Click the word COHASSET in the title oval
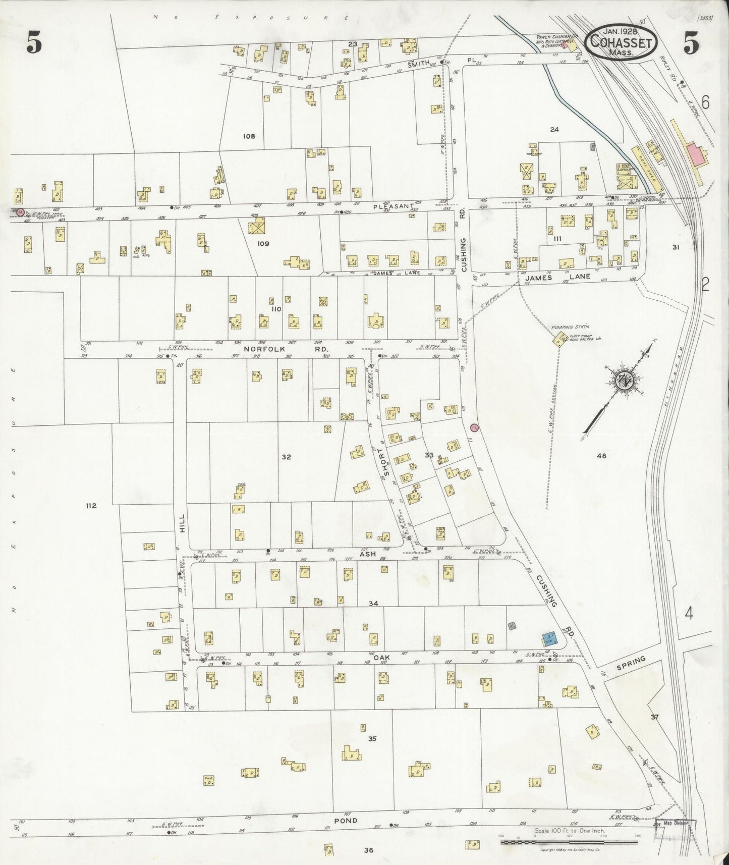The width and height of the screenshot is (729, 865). [621, 41]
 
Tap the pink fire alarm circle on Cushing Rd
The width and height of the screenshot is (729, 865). [473, 427]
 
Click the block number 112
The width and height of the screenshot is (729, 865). [91, 506]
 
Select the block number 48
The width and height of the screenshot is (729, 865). [601, 456]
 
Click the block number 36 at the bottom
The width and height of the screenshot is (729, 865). [368, 850]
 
